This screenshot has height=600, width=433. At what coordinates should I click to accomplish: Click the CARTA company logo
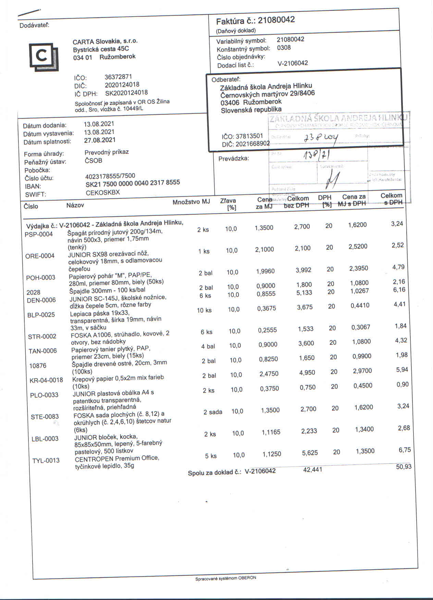coord(44,56)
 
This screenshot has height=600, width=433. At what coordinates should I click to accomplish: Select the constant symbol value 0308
coord(284,48)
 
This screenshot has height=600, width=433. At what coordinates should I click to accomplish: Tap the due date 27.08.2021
coord(100,140)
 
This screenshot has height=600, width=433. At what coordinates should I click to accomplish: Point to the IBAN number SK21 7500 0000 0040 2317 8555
coord(133,183)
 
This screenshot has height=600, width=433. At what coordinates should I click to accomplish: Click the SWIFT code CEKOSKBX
coord(103,192)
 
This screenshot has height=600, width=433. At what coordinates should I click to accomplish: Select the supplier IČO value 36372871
coord(118,77)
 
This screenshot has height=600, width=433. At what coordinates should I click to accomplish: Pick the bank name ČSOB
coord(93,161)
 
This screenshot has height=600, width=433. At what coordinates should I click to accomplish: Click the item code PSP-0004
coord(39,234)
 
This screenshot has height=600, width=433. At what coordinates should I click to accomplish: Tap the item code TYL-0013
coord(46,461)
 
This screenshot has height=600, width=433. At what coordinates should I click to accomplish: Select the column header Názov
coord(75,205)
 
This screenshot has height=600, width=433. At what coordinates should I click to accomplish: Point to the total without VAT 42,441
coord(312,470)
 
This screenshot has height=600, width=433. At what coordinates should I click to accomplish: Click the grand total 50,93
coord(404,467)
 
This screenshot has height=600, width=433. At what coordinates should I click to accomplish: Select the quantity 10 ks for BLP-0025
coord(204,310)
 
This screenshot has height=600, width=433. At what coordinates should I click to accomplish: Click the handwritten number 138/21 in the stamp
coord(317,156)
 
